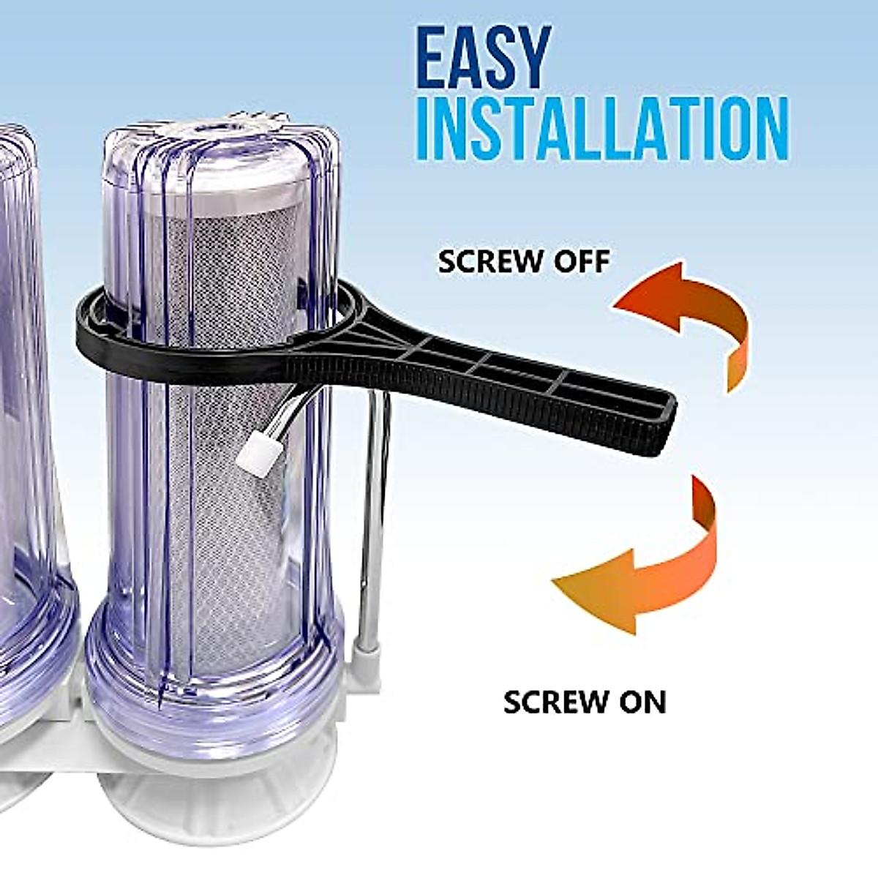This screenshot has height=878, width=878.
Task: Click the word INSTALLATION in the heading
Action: click(x=602, y=132)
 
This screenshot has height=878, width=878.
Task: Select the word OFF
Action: click(x=582, y=261)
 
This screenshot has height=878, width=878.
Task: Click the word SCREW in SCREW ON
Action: click(x=552, y=702)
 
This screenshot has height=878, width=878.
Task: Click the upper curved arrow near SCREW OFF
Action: click(x=688, y=322)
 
